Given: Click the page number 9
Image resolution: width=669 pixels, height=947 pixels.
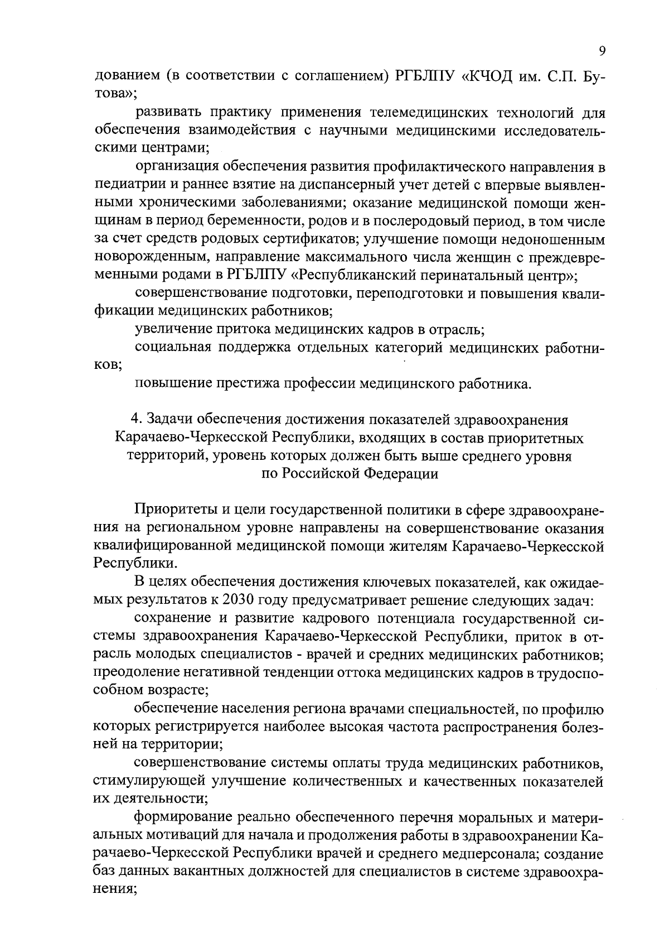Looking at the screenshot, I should pyautogui.click(x=602, y=51).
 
